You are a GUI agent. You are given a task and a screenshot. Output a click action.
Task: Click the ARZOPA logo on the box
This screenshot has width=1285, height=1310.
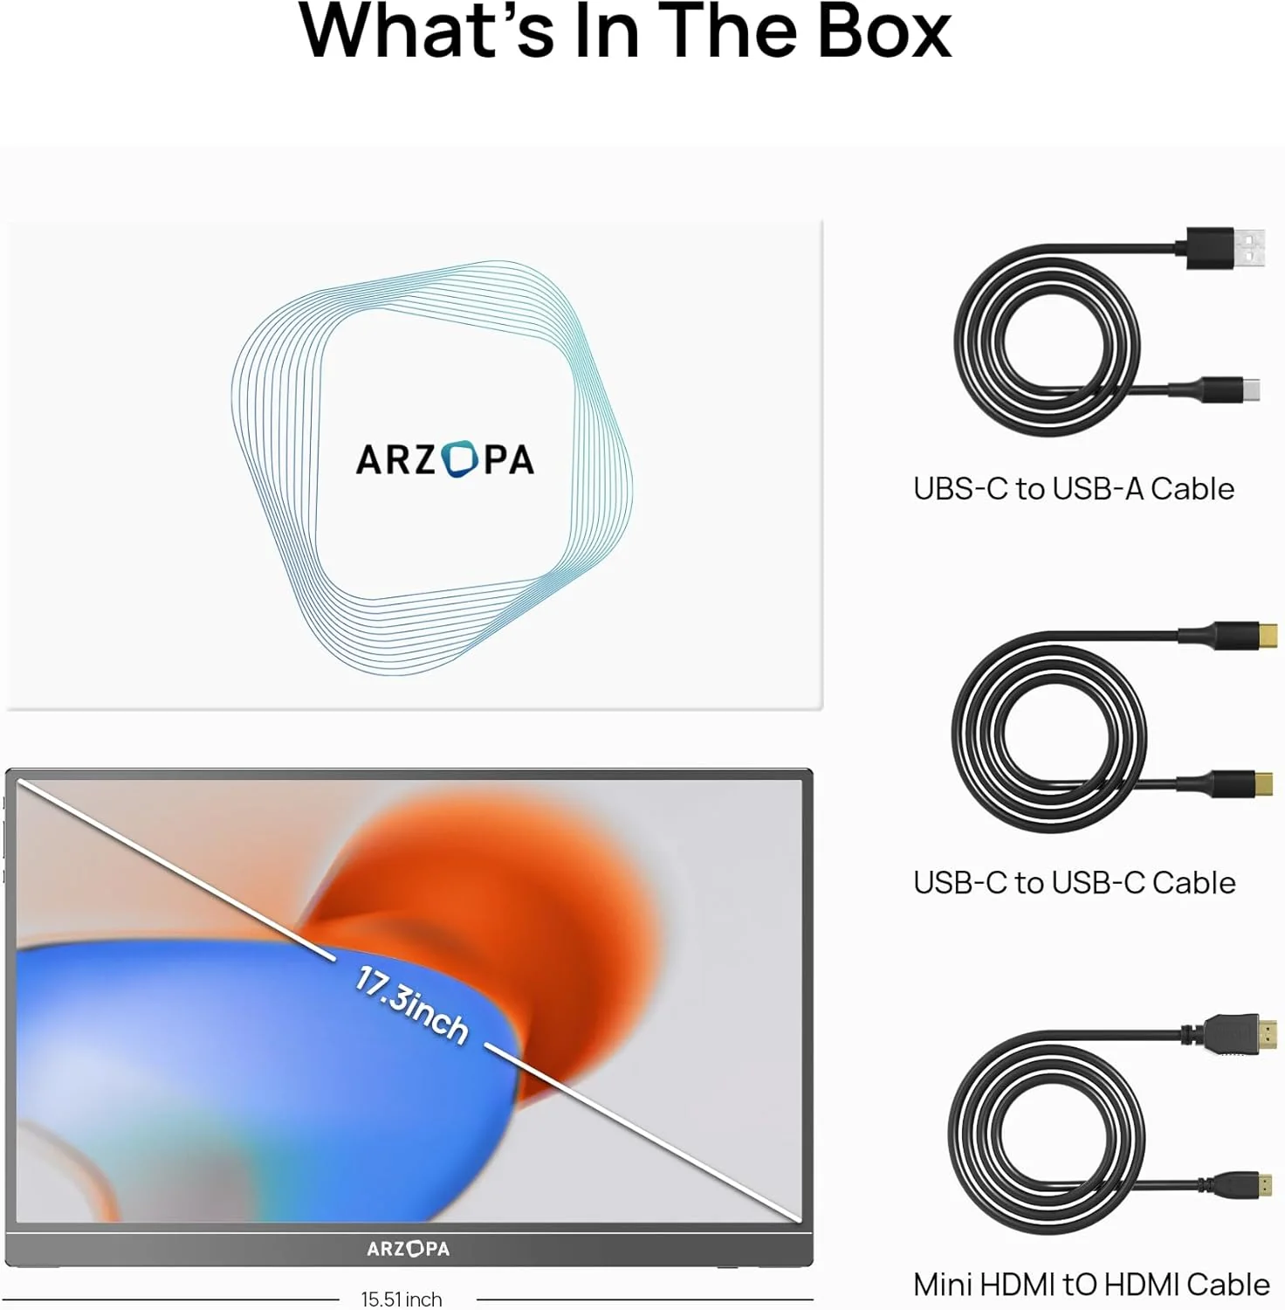point(445,459)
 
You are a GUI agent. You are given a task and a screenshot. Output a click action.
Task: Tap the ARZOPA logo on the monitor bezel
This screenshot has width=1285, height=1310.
point(409,1249)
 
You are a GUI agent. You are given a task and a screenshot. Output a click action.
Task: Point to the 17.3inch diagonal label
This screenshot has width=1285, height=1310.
point(411,1004)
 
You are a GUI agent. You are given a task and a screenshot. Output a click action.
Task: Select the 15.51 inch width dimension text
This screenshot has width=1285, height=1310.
point(402,1299)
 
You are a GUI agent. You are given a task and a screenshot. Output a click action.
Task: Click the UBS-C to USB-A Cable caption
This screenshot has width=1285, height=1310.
point(1074,489)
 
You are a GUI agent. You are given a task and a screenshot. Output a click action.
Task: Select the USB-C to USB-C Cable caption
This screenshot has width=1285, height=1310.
point(1075,883)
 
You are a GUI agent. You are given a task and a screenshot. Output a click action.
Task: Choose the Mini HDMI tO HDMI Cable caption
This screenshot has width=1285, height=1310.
point(1091,1285)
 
